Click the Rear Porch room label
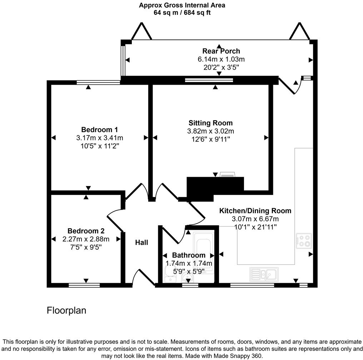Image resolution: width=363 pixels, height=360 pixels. coord(221,51)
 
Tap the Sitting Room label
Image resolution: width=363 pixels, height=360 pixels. coord(210,123)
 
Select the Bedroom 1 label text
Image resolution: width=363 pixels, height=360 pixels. coord(99,130)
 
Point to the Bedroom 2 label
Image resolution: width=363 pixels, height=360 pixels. coord(86,231)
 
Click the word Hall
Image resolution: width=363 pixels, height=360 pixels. coord(141,242)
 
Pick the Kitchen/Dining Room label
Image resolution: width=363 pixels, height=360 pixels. coord(255,211)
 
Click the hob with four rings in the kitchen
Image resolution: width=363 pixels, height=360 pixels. coord(304,241)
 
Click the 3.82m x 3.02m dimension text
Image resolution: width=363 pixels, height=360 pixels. coord(210,131)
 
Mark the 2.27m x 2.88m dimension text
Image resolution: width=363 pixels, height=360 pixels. coord(86,239)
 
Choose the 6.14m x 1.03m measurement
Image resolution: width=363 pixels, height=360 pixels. coord(221,59)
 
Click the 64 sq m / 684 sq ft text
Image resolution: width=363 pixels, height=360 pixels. coord(182,12)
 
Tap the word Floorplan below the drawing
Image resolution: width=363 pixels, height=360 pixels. coord(66,310)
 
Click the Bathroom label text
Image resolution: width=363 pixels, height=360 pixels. coord(189,255)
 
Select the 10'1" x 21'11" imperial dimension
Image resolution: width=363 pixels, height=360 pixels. coord(255,227)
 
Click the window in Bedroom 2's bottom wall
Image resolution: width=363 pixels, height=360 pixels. coord(84,285)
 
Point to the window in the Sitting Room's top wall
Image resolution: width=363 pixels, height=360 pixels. coord(209,80)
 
